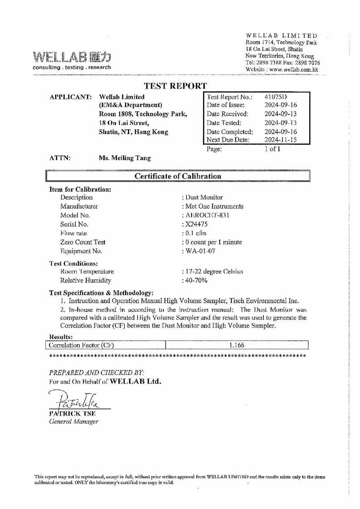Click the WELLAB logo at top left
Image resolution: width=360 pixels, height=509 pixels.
72,58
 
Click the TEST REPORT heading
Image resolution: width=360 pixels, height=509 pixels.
175,86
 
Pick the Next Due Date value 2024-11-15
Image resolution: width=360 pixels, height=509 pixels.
280,140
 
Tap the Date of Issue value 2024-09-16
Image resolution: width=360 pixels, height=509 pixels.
280,105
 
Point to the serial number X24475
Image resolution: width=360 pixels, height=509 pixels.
194,224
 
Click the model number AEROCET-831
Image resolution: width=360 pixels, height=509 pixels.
206,215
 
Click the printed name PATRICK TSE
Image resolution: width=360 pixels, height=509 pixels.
72,413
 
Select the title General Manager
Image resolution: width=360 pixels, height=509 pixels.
73,422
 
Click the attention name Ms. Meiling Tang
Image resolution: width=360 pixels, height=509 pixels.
125,158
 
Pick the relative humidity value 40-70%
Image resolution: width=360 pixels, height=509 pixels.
195,281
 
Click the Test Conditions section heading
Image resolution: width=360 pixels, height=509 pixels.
73,263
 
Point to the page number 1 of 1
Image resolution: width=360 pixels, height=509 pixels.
273,149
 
